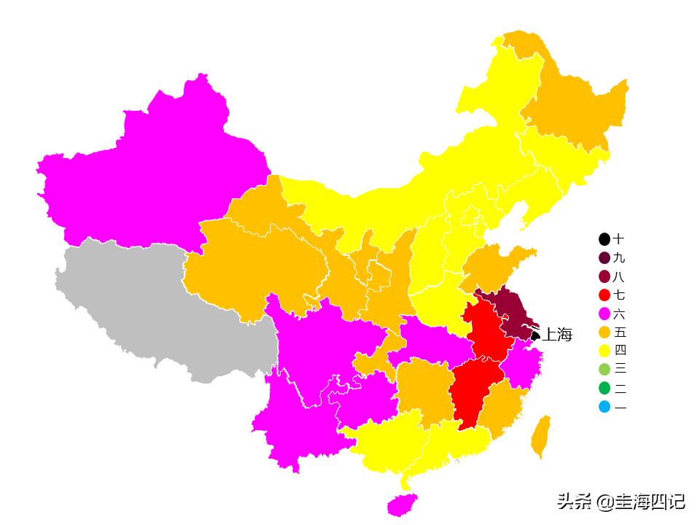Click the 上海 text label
coord(557,335)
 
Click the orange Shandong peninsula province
coord(496,266)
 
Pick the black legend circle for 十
coord(604,239)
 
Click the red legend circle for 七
coord(604,295)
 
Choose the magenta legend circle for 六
coord(604,314)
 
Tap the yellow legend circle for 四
coord(604,351)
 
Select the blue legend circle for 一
coord(604,407)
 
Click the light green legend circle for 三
coord(604,370)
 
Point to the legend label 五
coord(620,332)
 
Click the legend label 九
coord(620,258)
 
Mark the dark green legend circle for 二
coord(604,389)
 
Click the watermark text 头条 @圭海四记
coord(621,502)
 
